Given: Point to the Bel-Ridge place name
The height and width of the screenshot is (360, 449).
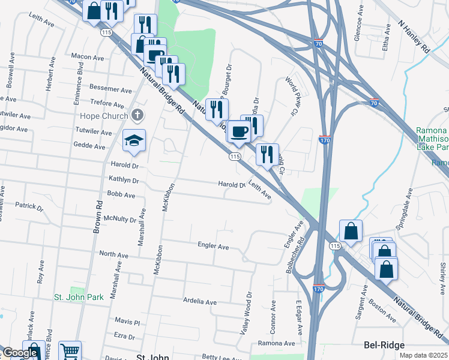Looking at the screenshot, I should coord(384,345).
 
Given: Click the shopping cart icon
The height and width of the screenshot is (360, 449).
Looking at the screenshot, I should coord(70,351).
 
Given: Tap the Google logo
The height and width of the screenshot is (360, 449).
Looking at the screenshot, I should coord(19,353).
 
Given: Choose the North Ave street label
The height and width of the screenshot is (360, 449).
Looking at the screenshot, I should coord(114,254).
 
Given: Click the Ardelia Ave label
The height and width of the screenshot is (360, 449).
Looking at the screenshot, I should coord(199,302).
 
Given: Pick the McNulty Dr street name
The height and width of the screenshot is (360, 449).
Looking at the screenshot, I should coord(120,219).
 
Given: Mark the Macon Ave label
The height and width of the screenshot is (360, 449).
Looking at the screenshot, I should coord(88,56).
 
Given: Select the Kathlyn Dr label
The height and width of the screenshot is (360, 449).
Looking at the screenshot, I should coord(124,179).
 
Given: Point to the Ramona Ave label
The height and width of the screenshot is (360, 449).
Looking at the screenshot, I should coord(277,343).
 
